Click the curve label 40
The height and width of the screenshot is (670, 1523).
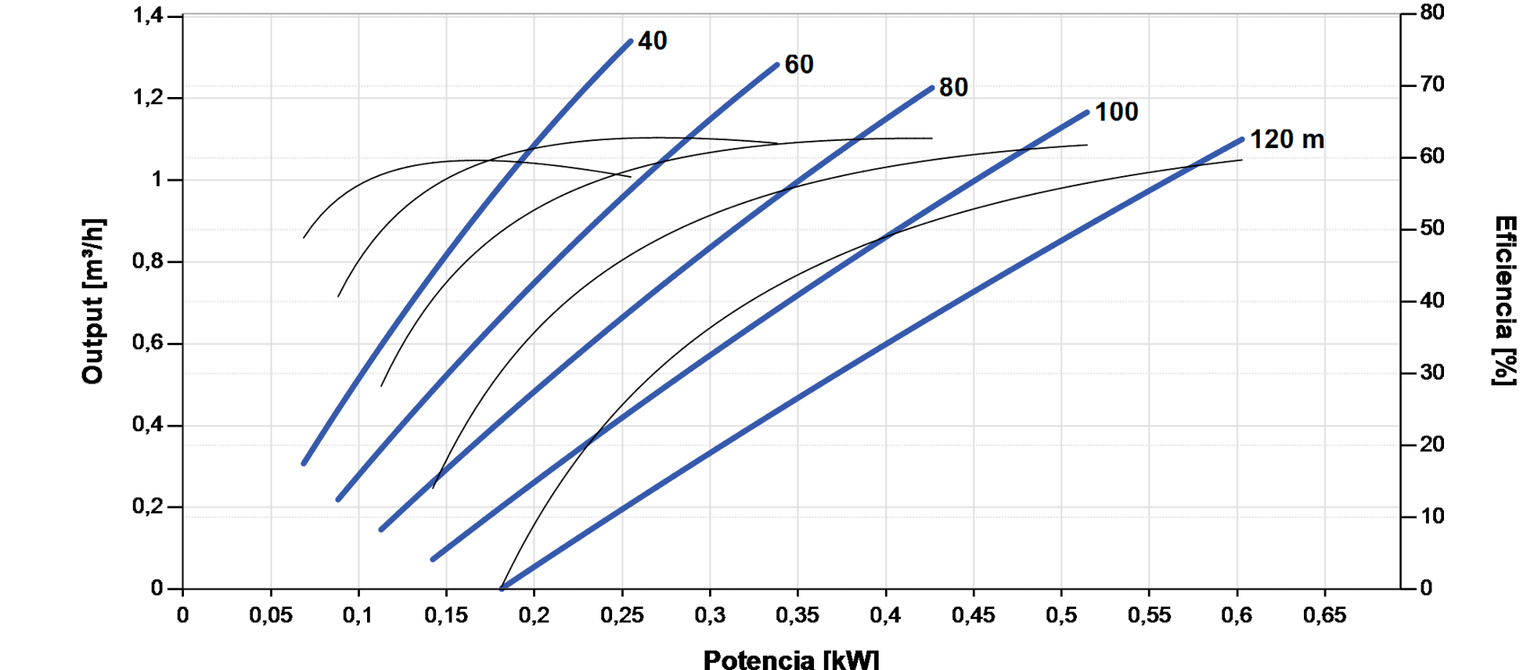click(652, 41)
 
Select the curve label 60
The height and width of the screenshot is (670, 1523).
click(798, 65)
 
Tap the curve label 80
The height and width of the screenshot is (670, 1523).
click(952, 88)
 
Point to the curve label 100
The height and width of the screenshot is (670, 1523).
click(1116, 112)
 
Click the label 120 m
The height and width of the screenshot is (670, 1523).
click(1286, 139)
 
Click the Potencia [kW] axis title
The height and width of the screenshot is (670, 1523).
click(790, 659)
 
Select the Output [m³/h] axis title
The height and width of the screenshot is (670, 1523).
click(92, 301)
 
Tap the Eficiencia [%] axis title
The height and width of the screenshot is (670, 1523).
click(1504, 301)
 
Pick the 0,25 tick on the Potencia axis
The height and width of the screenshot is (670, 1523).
click(621, 615)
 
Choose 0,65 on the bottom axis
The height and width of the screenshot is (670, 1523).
click(1324, 615)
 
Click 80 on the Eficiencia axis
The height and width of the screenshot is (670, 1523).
click(1432, 13)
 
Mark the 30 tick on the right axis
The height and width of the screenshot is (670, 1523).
click(1432, 373)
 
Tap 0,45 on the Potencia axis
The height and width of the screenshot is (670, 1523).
click(973, 615)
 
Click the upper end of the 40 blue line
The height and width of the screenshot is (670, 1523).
click(630, 41)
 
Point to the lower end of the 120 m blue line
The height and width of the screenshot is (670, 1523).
click(502, 588)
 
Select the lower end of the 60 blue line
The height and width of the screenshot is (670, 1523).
click(338, 499)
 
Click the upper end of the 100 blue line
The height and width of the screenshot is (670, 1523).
click(1087, 113)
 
